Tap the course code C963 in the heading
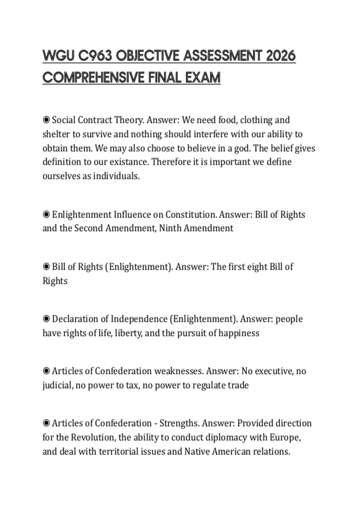coord(95,56)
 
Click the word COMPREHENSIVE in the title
coord(94,78)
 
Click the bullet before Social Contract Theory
coord(46,120)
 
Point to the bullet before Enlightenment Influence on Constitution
coord(46,214)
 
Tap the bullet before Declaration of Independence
coord(46,319)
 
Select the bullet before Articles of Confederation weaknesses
coord(46,371)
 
